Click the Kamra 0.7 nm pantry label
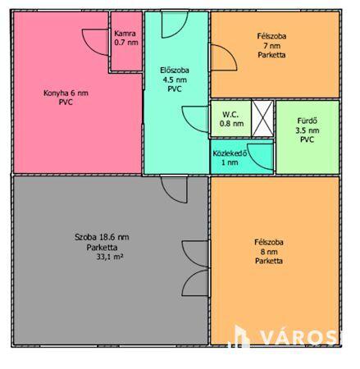(x=126, y=38)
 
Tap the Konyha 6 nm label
(x=66, y=93)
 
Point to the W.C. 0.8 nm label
(x=232, y=119)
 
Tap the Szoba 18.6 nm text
(x=102, y=237)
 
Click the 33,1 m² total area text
(x=109, y=257)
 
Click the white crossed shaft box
(x=262, y=118)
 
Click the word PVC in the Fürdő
(x=308, y=139)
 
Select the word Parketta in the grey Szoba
(x=102, y=248)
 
